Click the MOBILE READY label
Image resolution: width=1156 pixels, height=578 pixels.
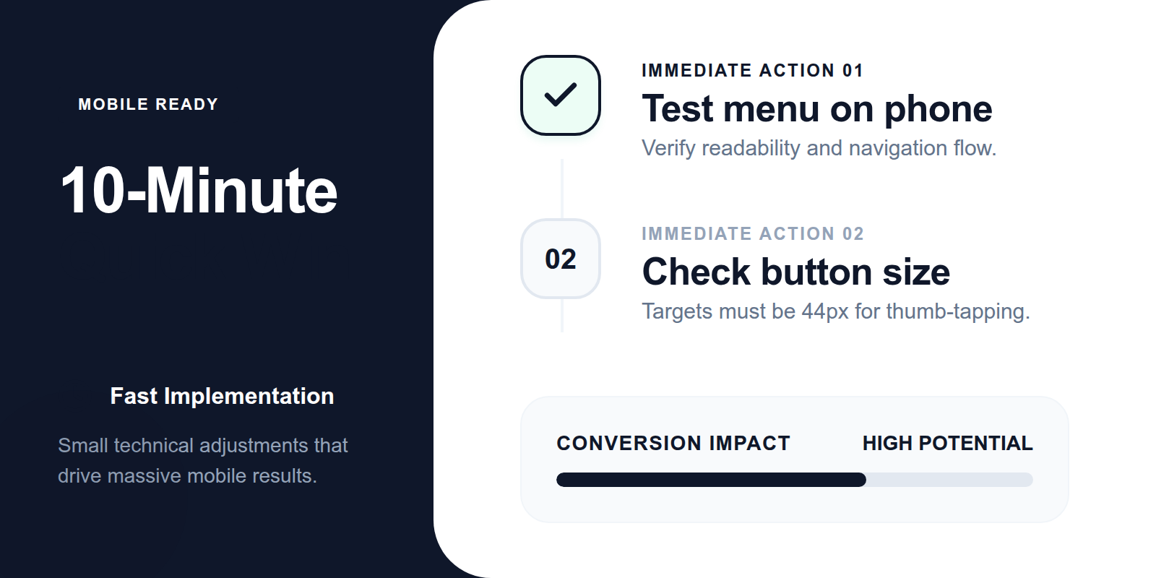tap(148, 105)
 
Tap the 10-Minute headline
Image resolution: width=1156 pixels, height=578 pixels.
tap(199, 191)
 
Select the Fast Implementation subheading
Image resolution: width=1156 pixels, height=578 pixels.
tap(222, 396)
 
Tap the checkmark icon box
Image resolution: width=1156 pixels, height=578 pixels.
tap(561, 95)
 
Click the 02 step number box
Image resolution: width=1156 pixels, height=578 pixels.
tap(561, 259)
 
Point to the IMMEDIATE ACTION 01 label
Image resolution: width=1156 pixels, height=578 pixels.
tap(752, 71)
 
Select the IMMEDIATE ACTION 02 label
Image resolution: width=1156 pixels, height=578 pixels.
tap(752, 234)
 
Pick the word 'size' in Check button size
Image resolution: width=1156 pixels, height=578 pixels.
tap(916, 273)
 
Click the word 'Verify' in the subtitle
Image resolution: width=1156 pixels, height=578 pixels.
tap(668, 148)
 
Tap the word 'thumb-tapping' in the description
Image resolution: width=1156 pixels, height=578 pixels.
tap(957, 311)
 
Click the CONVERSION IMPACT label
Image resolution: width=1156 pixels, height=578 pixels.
tap(673, 443)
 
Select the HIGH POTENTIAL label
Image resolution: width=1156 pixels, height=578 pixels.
tap(947, 443)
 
